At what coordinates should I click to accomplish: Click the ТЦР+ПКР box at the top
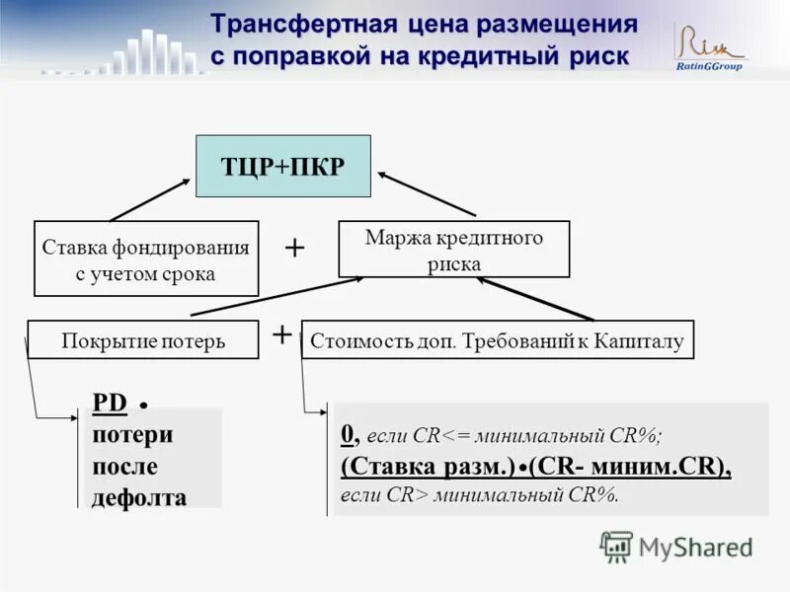tap(282, 166)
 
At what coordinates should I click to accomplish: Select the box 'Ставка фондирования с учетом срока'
tap(146, 259)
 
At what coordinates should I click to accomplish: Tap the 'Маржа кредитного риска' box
tap(454, 250)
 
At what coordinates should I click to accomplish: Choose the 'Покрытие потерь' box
tap(143, 340)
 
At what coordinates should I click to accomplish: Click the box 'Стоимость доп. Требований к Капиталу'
tap(497, 340)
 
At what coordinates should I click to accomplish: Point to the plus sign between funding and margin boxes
tap(294, 248)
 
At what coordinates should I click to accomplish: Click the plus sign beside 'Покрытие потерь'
tap(281, 333)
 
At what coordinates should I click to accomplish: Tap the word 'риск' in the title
tap(595, 55)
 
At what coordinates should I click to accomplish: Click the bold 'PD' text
tap(110, 403)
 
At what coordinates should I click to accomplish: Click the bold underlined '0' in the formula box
tap(348, 434)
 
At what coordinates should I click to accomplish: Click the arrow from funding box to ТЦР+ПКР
tap(150, 199)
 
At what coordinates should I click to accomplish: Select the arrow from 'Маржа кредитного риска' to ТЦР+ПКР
tap(427, 193)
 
